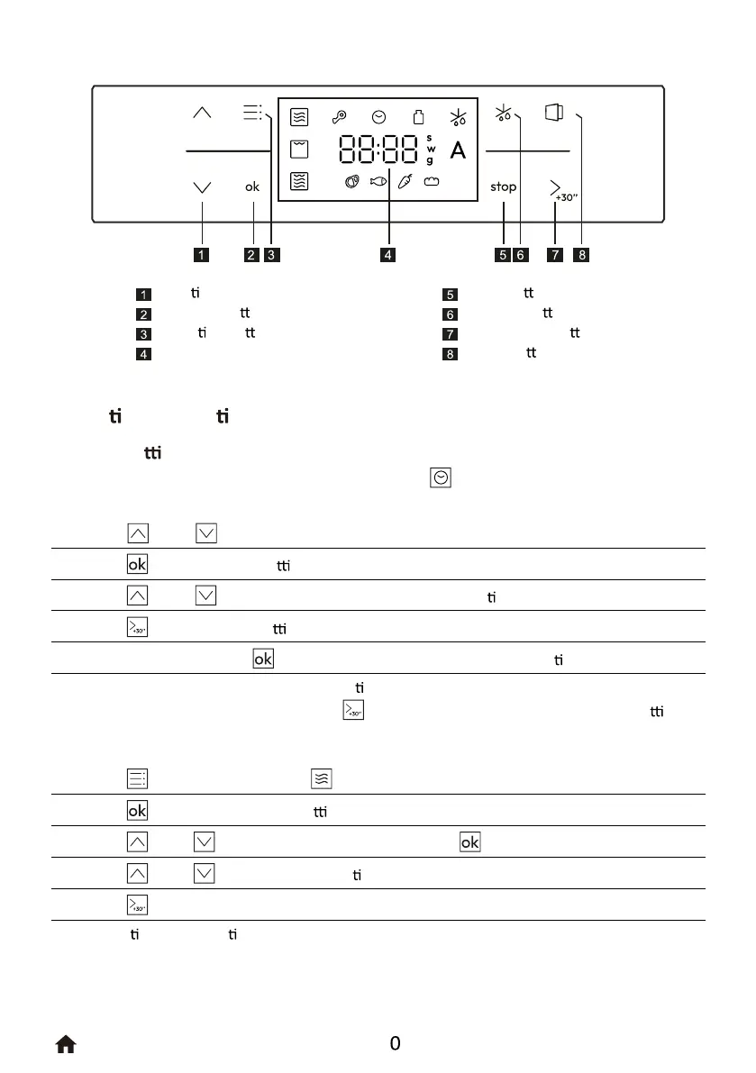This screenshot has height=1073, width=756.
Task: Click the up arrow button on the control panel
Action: pyautogui.click(x=202, y=114)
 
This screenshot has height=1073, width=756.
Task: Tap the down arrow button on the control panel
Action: pyautogui.click(x=202, y=187)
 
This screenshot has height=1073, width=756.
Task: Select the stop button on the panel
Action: pyautogui.click(x=504, y=187)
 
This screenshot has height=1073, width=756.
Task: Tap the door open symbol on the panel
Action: pyautogui.click(x=553, y=113)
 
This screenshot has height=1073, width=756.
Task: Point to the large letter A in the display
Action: pyautogui.click(x=458, y=150)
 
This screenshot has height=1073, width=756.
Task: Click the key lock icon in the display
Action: pyautogui.click(x=339, y=117)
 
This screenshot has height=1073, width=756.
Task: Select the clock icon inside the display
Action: pyautogui.click(x=378, y=117)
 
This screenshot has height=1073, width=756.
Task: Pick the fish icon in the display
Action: pyautogui.click(x=378, y=181)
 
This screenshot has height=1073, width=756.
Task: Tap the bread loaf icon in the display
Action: pyautogui.click(x=432, y=181)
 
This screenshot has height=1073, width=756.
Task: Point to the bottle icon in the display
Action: pyautogui.click(x=417, y=117)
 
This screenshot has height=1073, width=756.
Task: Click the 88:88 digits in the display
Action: pyautogui.click(x=378, y=150)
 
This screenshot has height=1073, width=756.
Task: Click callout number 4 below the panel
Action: pyautogui.click(x=387, y=255)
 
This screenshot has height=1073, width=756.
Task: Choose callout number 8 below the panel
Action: pyautogui.click(x=582, y=255)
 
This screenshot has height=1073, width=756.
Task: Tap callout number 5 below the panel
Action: pyautogui.click(x=502, y=255)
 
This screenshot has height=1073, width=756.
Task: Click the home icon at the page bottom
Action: pyautogui.click(x=66, y=1044)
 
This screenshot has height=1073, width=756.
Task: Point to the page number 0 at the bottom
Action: pyautogui.click(x=395, y=1044)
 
